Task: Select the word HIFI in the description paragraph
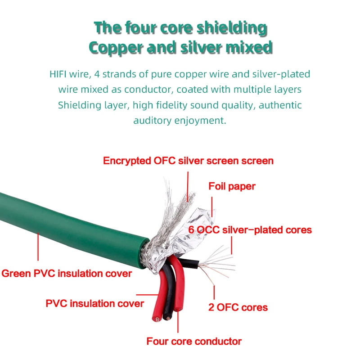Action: point(60,74)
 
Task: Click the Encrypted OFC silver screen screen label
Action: point(188,161)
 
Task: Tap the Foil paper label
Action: point(232,186)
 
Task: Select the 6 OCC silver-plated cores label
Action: point(250,230)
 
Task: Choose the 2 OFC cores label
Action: point(238,307)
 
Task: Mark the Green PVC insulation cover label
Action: point(67,273)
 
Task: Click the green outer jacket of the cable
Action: point(67,225)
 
